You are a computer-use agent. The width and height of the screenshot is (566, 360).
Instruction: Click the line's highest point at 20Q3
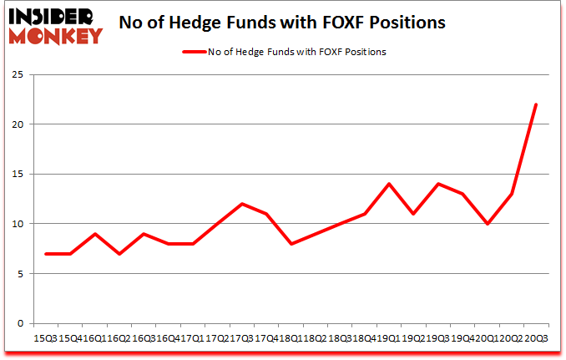coord(536,104)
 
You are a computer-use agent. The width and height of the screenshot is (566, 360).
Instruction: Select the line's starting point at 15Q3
coord(47,254)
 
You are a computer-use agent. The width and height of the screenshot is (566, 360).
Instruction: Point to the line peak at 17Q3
coord(242,204)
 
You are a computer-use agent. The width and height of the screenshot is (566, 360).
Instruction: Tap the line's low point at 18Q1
coord(291,244)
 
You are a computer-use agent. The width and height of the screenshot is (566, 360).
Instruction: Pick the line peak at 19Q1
coord(389,184)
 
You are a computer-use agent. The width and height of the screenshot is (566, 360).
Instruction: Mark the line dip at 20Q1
coord(487,224)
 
